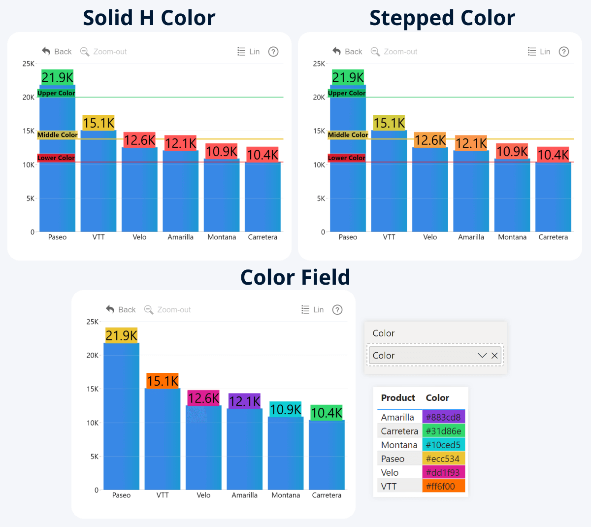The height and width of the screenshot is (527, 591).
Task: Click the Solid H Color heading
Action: click(x=149, y=18)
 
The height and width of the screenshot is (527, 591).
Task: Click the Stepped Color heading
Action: click(x=442, y=18)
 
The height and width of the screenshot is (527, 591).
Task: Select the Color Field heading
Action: click(x=295, y=278)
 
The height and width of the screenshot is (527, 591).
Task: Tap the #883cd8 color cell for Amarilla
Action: click(x=443, y=417)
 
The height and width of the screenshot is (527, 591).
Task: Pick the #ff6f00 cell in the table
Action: click(x=443, y=486)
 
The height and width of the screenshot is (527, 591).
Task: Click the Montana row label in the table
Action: click(x=399, y=445)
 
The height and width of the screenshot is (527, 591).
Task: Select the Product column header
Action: click(x=398, y=398)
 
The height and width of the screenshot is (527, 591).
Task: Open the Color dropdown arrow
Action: click(x=482, y=356)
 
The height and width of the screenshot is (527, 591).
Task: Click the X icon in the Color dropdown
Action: click(x=494, y=356)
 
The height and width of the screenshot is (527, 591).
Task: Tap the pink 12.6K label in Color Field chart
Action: click(x=203, y=398)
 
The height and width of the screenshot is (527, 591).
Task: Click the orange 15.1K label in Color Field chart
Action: click(x=163, y=381)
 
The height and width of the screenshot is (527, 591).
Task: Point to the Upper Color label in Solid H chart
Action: click(x=56, y=93)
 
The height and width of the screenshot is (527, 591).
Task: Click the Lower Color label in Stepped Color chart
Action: click(x=347, y=158)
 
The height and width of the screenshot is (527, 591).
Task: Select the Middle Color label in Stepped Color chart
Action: click(x=348, y=135)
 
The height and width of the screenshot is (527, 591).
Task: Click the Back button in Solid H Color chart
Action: click(x=57, y=52)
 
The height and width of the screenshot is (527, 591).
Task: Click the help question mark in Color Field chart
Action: click(x=337, y=310)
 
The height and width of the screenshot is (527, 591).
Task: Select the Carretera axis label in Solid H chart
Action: click(x=263, y=237)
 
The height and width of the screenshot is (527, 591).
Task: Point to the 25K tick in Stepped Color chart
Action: click(x=319, y=64)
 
